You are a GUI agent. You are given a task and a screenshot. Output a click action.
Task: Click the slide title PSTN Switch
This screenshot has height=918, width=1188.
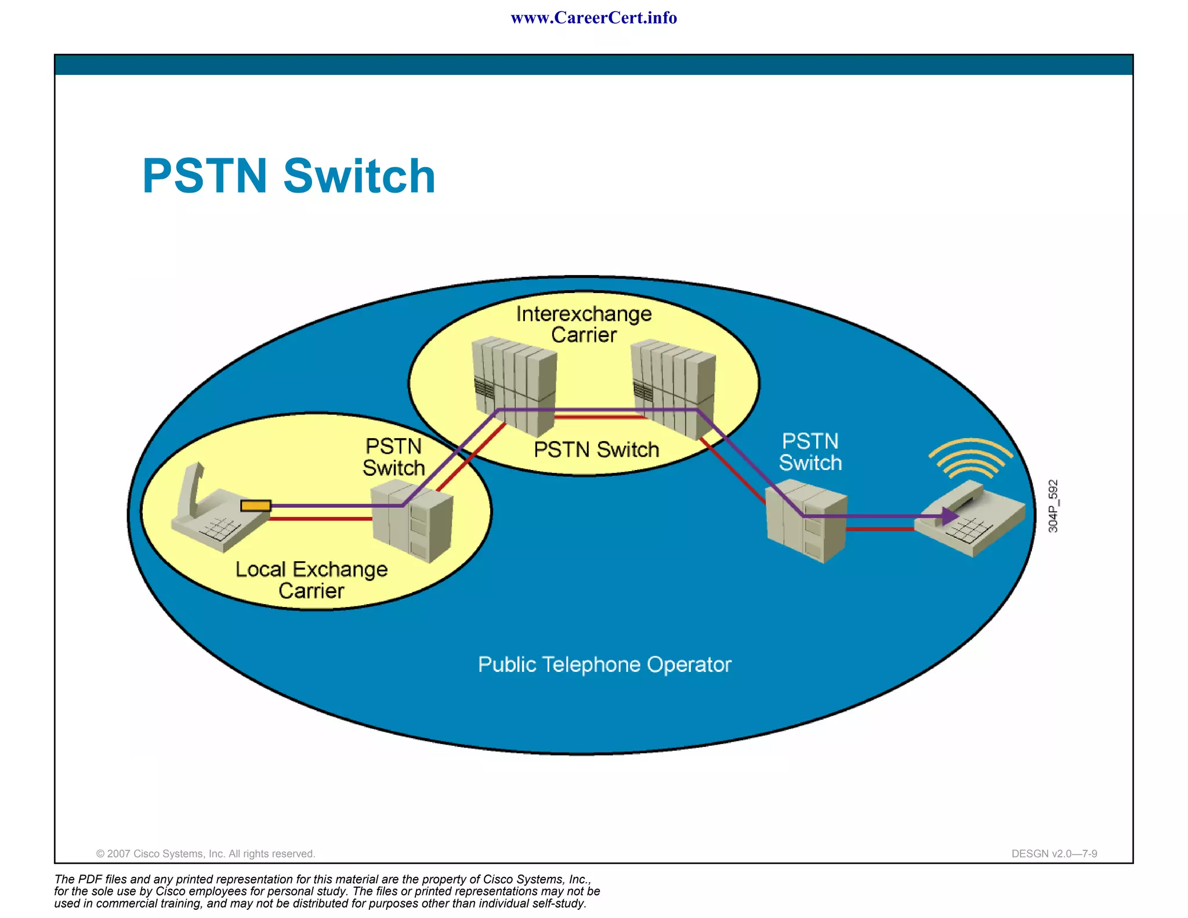(x=288, y=176)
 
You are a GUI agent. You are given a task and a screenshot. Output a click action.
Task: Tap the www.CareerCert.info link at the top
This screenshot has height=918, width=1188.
(x=593, y=18)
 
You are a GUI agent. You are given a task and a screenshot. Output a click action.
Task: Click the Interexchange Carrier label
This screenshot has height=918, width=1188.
(x=584, y=324)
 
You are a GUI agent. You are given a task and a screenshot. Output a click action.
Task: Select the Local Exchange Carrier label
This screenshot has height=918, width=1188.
(x=312, y=580)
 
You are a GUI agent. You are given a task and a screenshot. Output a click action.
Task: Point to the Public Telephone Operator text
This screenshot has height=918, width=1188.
(x=604, y=664)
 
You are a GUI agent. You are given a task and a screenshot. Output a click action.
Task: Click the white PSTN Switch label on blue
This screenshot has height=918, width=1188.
(x=810, y=452)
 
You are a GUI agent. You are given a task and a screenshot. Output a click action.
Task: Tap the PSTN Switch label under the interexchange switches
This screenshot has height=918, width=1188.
(x=596, y=450)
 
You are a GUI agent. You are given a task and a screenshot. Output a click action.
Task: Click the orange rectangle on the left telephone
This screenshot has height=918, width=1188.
(x=256, y=506)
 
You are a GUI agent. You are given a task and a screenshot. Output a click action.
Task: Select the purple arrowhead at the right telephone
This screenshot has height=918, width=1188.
(x=949, y=515)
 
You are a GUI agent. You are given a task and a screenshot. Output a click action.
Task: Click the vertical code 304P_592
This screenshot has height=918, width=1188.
(x=1053, y=506)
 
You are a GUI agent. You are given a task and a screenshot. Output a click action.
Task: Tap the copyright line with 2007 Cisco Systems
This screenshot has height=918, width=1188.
(x=205, y=854)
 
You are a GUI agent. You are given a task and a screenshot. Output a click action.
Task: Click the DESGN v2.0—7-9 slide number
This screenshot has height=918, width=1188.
(x=1054, y=854)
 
